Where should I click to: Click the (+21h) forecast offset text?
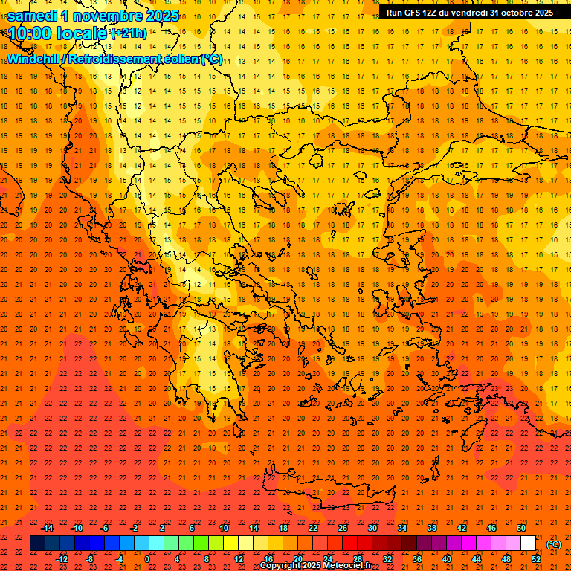[x=128, y=33]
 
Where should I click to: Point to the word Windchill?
[x=34, y=59]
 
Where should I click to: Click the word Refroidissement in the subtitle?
[x=114, y=59]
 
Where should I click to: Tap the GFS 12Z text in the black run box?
[x=422, y=13]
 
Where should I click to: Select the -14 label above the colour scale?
[x=47, y=528]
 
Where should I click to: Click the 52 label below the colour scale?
[x=536, y=559]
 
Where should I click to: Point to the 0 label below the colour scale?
[x=147, y=559]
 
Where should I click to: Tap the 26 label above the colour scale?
[x=343, y=528]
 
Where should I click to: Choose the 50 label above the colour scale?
[x=521, y=528]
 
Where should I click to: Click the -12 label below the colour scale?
[x=62, y=559]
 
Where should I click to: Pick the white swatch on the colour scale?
[x=529, y=543]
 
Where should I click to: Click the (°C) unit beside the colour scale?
[x=554, y=544]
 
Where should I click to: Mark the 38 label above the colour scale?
[x=432, y=528]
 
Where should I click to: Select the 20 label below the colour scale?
[x=298, y=559]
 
